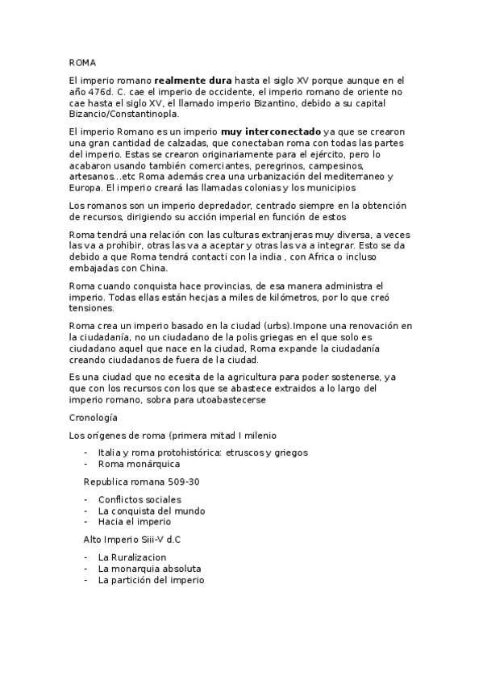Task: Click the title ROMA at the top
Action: pos(82,61)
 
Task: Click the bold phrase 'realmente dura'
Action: pos(193,81)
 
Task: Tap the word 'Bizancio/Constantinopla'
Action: pos(122,112)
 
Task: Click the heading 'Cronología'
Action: pos(93,418)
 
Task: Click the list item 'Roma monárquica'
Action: pos(139,464)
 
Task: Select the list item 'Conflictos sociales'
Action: pos(139,500)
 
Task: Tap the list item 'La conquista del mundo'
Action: pos(151,511)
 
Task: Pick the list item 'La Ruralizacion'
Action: pos(131,557)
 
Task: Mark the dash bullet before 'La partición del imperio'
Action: pos(86,579)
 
